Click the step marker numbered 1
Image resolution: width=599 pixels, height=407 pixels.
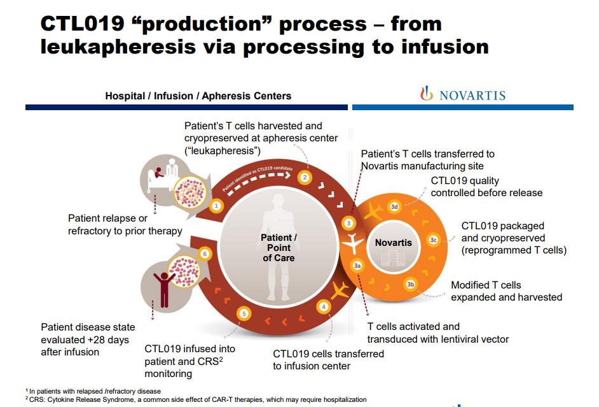(x=216, y=206)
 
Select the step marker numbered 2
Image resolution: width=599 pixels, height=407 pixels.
(x=305, y=177)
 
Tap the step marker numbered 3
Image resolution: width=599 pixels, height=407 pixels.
(x=348, y=223)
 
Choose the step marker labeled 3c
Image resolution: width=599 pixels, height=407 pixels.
(x=433, y=240)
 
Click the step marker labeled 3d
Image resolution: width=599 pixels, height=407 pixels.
(x=394, y=206)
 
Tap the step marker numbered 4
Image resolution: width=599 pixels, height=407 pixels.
(x=324, y=307)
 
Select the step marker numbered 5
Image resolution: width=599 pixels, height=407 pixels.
(x=244, y=313)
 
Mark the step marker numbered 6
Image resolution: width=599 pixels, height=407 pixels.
(x=205, y=253)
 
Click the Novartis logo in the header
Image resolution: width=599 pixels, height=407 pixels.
(x=463, y=95)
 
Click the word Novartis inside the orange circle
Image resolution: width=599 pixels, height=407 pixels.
(x=393, y=243)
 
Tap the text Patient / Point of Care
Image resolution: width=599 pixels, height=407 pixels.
(x=279, y=248)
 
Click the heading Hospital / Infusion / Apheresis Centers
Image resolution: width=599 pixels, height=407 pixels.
(x=198, y=96)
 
